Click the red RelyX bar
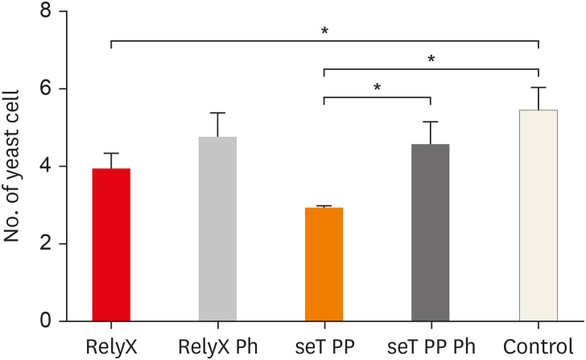[111, 245]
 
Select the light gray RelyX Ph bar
[217, 229]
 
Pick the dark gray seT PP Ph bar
[431, 233]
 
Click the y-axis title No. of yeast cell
[14, 167]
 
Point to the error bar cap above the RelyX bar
[111, 153]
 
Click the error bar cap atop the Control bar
[538, 87]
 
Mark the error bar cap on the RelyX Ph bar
[217, 113]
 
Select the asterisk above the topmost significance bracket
[324, 31]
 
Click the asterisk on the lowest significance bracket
[378, 87]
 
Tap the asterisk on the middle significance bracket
[431, 60]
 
